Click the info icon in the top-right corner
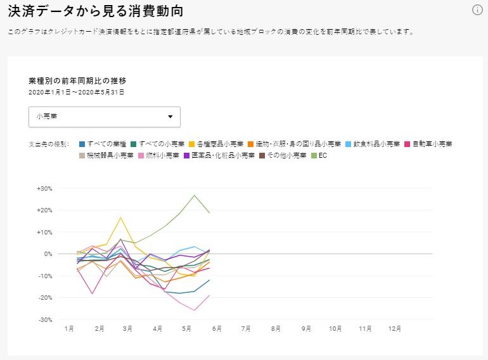point(478,10)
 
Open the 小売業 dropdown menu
point(105,117)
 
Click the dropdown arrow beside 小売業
point(170,117)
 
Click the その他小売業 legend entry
point(283,155)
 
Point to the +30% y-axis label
point(44,188)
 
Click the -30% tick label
point(44,319)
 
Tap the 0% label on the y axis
point(47,254)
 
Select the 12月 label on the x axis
point(395,329)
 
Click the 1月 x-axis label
point(69,329)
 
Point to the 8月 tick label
point(276,329)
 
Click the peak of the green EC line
point(195,195)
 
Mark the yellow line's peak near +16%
point(120,217)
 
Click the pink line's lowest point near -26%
point(195,310)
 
